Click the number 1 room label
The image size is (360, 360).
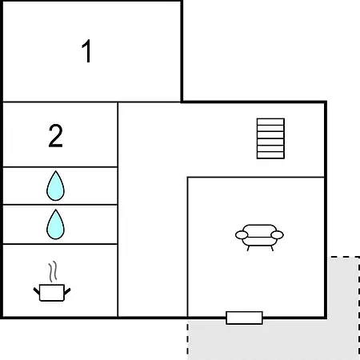(86, 51)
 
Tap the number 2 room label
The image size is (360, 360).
(55, 135)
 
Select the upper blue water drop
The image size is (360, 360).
(55, 186)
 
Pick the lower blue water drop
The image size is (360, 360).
(55, 224)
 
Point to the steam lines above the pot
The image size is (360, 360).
(53, 271)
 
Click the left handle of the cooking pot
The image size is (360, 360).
(37, 291)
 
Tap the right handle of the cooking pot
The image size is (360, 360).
(67, 291)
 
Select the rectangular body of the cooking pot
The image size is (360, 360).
(52, 293)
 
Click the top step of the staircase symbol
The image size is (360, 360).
(270, 122)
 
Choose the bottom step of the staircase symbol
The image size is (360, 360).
(270, 155)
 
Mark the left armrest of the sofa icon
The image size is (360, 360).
(242, 235)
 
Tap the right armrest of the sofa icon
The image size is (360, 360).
(277, 235)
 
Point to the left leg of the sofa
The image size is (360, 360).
(248, 248)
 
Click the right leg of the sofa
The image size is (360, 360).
(272, 248)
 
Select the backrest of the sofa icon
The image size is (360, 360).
(259, 230)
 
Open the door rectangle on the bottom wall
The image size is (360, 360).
(244, 318)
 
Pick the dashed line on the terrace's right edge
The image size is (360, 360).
(359, 308)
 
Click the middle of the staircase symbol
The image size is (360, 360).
(270, 138)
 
